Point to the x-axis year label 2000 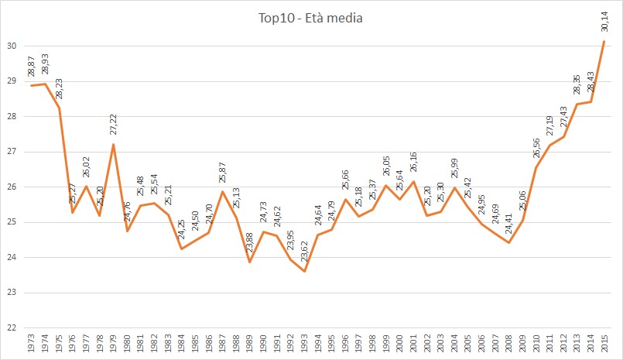click(x=399, y=345)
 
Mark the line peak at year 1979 click(x=113, y=145)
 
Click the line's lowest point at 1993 click(x=303, y=271)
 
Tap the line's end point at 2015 click(x=602, y=41)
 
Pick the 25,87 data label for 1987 click(x=222, y=174)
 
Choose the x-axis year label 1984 click(x=181, y=345)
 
